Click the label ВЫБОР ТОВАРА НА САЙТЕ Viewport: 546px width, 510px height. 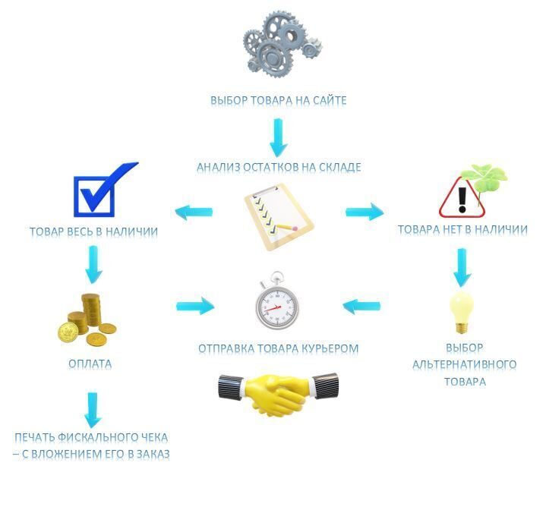tap(279, 100)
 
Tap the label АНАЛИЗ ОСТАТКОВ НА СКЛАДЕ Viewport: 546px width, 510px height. tap(279, 167)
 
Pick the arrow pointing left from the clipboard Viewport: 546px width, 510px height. tap(194, 212)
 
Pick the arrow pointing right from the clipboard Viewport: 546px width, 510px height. tap(365, 212)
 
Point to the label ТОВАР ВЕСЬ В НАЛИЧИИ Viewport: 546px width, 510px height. tap(93, 232)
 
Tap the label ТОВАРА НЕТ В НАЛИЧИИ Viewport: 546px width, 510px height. tap(462, 229)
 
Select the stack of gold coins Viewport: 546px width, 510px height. tap(87, 318)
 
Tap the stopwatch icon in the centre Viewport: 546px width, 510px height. tap(276, 303)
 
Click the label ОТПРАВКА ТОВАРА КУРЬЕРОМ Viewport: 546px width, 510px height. tap(278, 349)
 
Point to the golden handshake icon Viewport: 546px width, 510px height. tap(278, 392)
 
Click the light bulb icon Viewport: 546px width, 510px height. tap(461, 311)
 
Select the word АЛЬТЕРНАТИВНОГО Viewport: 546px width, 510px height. tap(464, 364)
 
